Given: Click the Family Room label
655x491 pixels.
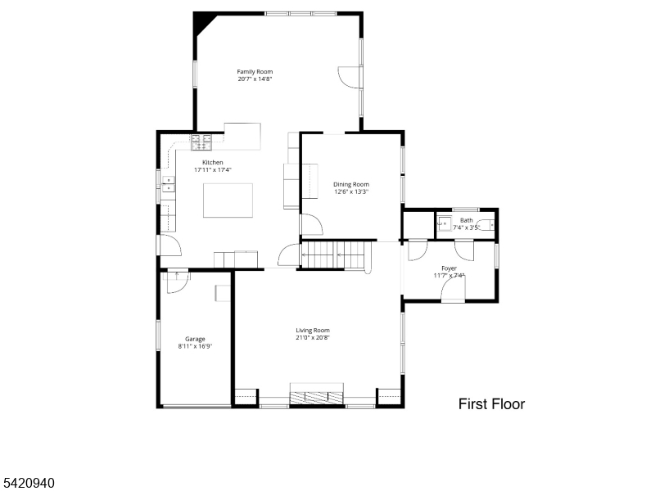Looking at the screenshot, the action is [x=255, y=72].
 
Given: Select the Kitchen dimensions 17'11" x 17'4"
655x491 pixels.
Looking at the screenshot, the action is [x=213, y=170].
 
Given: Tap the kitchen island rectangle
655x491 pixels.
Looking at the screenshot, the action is [x=228, y=200].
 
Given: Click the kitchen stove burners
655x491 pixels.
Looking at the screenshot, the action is [x=201, y=142].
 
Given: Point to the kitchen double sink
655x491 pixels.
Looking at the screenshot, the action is [x=169, y=184].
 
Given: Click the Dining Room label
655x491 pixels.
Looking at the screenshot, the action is [x=351, y=184].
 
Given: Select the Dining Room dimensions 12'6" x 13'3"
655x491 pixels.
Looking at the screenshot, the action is [x=351, y=192].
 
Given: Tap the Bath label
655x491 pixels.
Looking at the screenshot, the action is [x=467, y=220].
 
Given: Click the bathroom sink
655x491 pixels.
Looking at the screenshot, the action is [x=444, y=223].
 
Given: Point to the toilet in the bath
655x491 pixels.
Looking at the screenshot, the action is [x=486, y=225].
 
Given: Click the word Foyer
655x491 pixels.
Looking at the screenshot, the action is [x=449, y=268].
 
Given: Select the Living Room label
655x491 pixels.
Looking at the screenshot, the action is [x=313, y=331].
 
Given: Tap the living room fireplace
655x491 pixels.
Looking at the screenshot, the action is [x=317, y=394].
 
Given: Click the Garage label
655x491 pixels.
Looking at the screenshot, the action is [x=195, y=339].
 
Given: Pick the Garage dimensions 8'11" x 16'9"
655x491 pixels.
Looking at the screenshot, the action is [x=195, y=346].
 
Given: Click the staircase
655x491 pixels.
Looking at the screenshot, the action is [x=333, y=255].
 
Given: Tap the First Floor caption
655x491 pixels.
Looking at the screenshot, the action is [x=492, y=404].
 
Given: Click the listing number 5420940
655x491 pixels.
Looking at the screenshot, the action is [x=28, y=483].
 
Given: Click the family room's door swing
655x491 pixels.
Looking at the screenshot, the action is [x=349, y=77].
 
